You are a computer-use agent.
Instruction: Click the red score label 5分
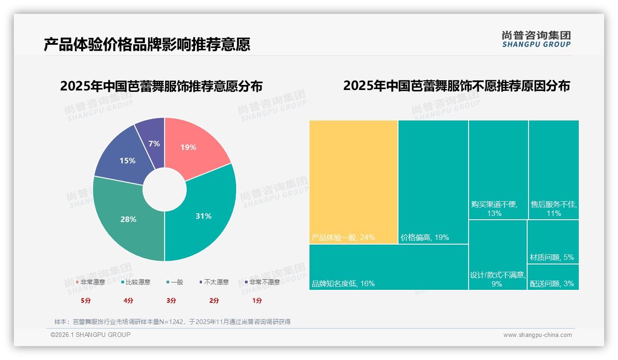click(86, 300)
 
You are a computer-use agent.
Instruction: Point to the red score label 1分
click(257, 300)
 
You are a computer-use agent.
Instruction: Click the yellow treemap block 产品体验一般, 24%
click(353, 181)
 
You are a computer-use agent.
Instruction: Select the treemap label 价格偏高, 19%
click(425, 238)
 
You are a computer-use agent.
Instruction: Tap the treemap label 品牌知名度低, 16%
click(344, 284)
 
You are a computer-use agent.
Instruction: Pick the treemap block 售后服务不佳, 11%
click(553, 169)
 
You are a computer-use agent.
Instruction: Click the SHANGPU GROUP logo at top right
click(536, 39)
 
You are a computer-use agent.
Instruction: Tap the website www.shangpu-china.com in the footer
click(537, 335)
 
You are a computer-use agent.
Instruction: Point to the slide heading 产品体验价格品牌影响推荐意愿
click(147, 45)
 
